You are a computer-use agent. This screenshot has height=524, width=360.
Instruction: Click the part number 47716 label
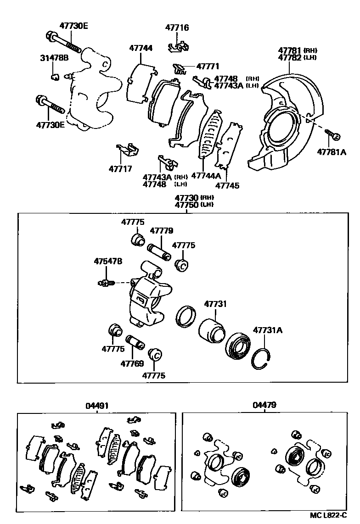(177, 28)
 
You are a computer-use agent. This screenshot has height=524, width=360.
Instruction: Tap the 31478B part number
(54, 58)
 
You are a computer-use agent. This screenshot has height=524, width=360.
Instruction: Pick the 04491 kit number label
(97, 406)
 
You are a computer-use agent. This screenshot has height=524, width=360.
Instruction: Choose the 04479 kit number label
(264, 406)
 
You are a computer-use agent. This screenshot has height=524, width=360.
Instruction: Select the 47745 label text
(227, 186)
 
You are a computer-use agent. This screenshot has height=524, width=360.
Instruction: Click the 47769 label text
(132, 364)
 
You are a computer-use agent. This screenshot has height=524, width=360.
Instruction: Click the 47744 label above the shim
(141, 48)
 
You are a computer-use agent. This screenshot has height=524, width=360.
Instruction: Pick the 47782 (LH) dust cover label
(289, 57)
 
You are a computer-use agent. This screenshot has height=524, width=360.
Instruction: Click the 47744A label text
(206, 176)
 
